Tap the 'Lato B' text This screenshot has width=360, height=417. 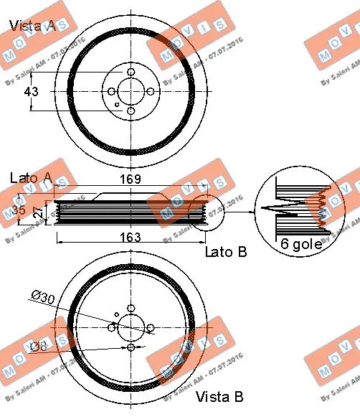[x=225, y=251]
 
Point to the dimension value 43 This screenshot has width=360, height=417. [x=32, y=92]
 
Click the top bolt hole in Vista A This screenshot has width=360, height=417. [x=131, y=72]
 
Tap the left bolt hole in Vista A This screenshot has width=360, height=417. [x=112, y=92]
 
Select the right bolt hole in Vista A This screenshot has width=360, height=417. [x=150, y=92]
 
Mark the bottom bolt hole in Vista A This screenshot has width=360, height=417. [x=131, y=111]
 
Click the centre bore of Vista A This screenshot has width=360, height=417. [x=131, y=92]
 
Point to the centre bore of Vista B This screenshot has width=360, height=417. [x=131, y=327]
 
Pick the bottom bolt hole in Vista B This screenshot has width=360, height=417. [x=131, y=347]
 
